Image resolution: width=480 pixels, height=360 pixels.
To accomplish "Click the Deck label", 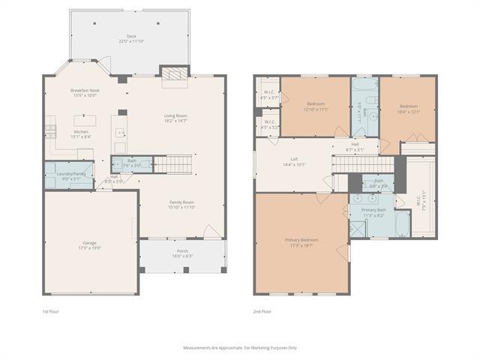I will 131,35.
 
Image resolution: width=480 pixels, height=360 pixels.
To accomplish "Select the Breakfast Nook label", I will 85,91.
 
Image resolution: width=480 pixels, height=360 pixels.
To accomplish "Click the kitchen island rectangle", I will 85,119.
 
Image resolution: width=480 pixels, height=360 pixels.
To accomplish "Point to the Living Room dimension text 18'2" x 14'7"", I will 175,120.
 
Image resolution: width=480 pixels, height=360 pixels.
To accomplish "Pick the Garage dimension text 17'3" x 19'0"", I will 90,247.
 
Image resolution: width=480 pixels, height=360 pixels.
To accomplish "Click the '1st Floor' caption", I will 50,310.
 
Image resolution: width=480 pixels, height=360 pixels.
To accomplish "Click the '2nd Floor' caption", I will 262,310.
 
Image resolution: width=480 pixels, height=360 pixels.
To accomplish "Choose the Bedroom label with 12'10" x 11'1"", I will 316,104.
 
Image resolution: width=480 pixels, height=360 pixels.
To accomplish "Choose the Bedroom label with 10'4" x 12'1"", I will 409,106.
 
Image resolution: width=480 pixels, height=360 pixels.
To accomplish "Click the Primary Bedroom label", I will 301,239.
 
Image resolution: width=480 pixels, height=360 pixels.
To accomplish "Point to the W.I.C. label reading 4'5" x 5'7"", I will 268,94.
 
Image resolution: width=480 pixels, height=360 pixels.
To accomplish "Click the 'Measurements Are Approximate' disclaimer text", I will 240,347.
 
